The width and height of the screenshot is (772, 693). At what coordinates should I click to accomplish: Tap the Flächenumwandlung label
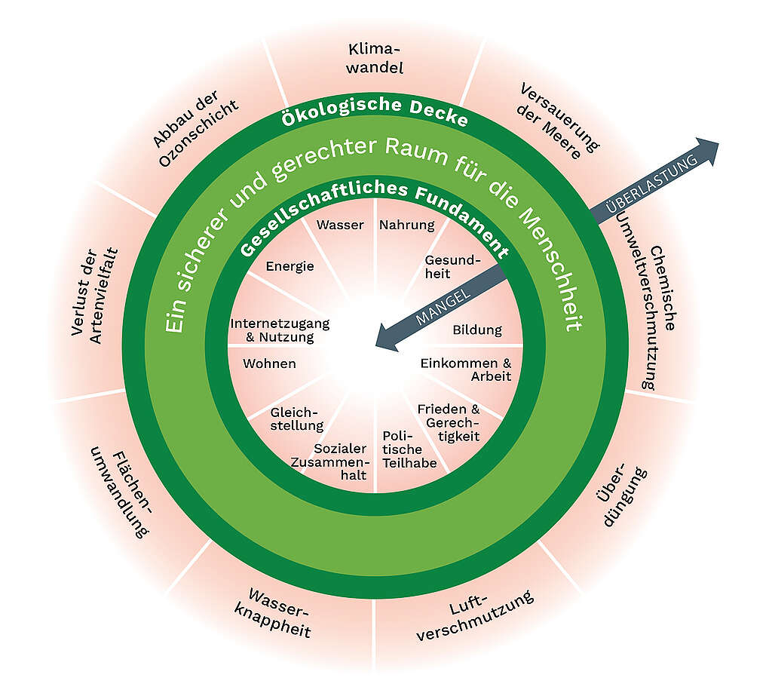coord(129,493)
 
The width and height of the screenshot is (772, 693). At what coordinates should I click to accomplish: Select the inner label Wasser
coord(340,225)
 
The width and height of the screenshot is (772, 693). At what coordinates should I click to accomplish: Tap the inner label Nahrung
coord(407,225)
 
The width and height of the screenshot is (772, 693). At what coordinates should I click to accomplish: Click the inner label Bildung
coord(476,330)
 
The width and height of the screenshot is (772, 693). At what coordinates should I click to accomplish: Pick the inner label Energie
coord(289,266)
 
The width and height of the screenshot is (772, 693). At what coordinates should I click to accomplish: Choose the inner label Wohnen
coord(269,363)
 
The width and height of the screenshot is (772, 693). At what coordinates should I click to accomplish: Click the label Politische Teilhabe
coord(408,449)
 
